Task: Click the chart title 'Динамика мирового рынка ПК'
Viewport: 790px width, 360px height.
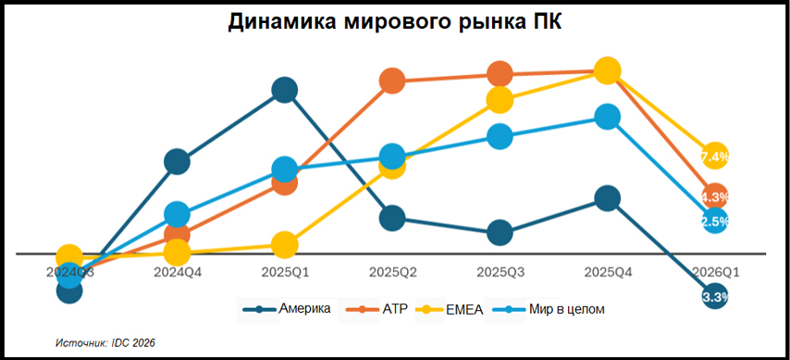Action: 395,22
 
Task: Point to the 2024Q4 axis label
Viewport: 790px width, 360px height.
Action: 178,272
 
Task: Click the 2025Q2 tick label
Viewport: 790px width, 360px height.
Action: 392,272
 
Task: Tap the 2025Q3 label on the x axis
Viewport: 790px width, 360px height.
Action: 500,272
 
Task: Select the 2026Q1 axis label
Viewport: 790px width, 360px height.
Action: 713,272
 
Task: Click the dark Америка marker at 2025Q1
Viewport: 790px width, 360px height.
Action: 285,90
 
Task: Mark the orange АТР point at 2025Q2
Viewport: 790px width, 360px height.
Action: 392,81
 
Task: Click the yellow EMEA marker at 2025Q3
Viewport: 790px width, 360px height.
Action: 500,99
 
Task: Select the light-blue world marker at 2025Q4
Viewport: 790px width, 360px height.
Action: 607,117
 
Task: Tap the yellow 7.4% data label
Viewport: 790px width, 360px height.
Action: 715,156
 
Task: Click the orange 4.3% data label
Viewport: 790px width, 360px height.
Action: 715,196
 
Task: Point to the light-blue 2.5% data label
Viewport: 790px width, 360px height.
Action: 715,221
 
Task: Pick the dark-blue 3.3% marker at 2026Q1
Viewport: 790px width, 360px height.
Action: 715,297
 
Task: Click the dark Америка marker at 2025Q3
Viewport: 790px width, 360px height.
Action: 500,232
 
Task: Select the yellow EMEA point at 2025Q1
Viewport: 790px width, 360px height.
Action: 285,245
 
